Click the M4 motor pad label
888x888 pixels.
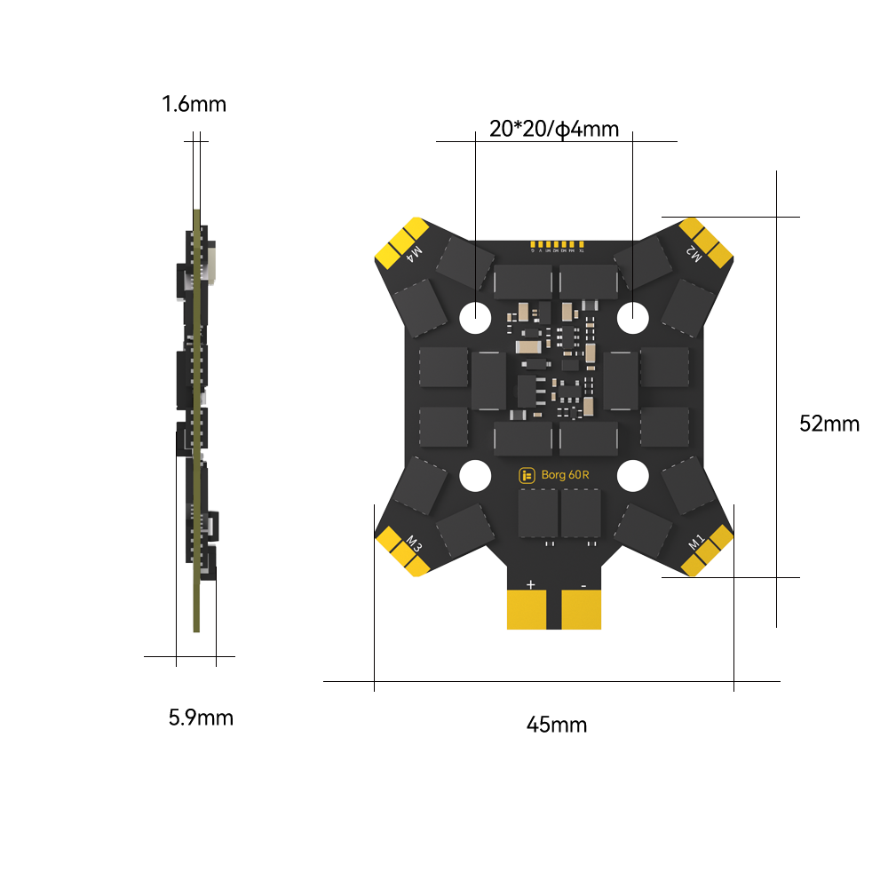[x=415, y=256]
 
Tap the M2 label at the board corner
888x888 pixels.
[x=693, y=255]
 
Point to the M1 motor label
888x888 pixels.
[x=696, y=540]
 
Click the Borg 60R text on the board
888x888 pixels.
[x=566, y=475]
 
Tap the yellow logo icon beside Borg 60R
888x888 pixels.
[x=527, y=475]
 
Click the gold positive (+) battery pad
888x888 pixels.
[x=530, y=611]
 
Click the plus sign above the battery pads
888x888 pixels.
[x=531, y=584]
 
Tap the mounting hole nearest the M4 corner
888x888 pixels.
[x=475, y=313]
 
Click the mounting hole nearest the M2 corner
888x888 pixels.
[x=632, y=313]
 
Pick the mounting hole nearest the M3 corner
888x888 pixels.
[x=475, y=476]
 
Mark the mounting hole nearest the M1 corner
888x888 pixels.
[x=632, y=476]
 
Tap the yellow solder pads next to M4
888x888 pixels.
[x=399, y=242]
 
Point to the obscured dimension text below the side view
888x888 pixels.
[x=201, y=718]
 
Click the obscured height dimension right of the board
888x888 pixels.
[x=829, y=424]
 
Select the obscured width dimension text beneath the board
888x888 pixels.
[x=557, y=725]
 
